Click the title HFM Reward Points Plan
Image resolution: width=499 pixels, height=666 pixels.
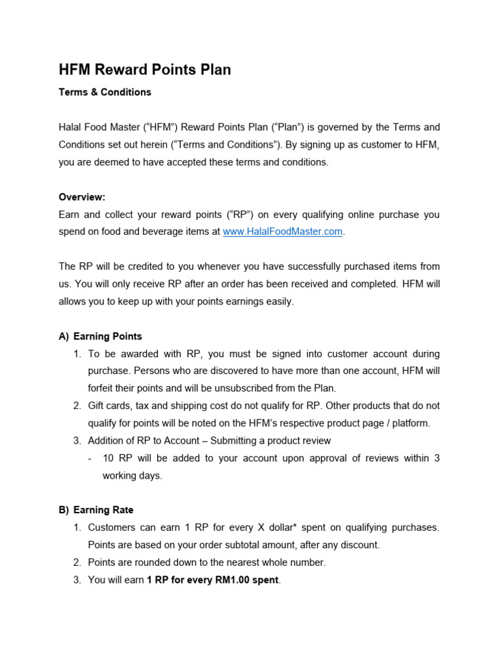145,70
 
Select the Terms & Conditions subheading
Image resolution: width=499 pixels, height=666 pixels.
105,92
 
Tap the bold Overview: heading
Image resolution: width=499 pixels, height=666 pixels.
82,197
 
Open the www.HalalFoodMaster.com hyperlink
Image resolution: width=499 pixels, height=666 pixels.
283,232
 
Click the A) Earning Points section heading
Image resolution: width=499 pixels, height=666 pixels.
100,336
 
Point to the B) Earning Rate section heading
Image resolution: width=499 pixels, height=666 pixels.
96,510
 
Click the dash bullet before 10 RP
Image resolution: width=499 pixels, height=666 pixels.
90,459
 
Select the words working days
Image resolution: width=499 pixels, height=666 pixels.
133,475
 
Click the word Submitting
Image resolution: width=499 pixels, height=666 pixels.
248,441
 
